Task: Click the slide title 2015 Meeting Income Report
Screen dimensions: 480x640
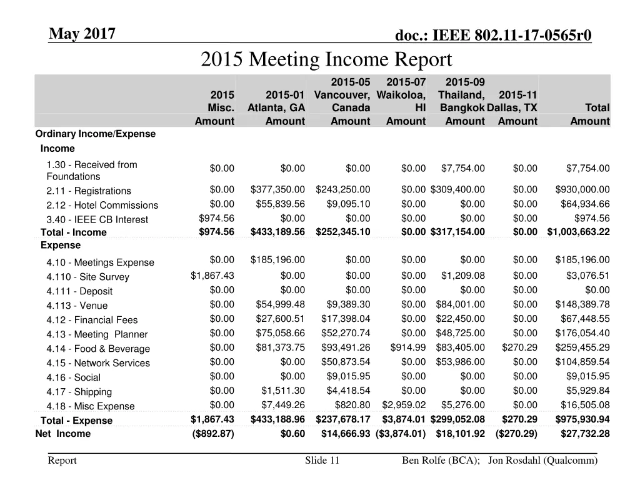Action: (x=326, y=60)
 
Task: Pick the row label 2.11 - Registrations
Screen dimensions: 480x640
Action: (x=89, y=191)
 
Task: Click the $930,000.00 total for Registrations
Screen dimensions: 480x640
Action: (x=582, y=190)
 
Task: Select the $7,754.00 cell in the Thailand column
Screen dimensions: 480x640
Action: (x=463, y=168)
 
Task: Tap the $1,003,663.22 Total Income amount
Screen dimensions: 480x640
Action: (x=578, y=232)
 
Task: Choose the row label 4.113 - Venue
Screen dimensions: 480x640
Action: (x=77, y=306)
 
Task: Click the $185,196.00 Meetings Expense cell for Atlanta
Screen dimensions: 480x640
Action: (x=277, y=260)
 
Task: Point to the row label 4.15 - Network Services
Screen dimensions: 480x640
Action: (x=98, y=363)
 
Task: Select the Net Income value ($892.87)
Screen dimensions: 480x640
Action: (x=214, y=434)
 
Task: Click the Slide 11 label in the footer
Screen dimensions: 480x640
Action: (x=322, y=461)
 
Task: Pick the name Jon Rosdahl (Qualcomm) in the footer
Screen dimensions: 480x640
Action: (x=542, y=461)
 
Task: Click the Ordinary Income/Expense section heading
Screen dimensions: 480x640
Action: (x=96, y=134)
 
